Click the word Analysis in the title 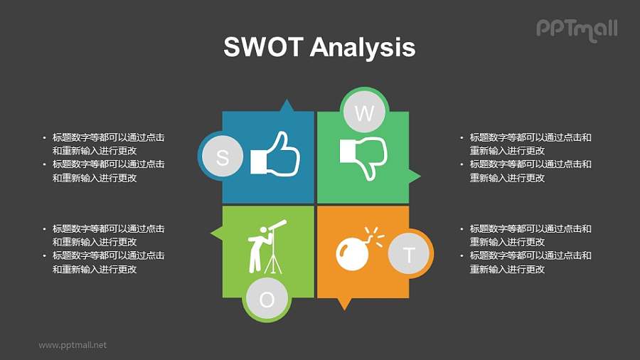coord(363,48)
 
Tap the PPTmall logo coord(576,29)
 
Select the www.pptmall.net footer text coord(73,345)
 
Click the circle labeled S coord(222,157)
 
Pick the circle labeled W coord(363,112)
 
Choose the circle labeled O coord(267,300)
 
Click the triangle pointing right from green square coord(415,176)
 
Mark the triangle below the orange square coord(344,304)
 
